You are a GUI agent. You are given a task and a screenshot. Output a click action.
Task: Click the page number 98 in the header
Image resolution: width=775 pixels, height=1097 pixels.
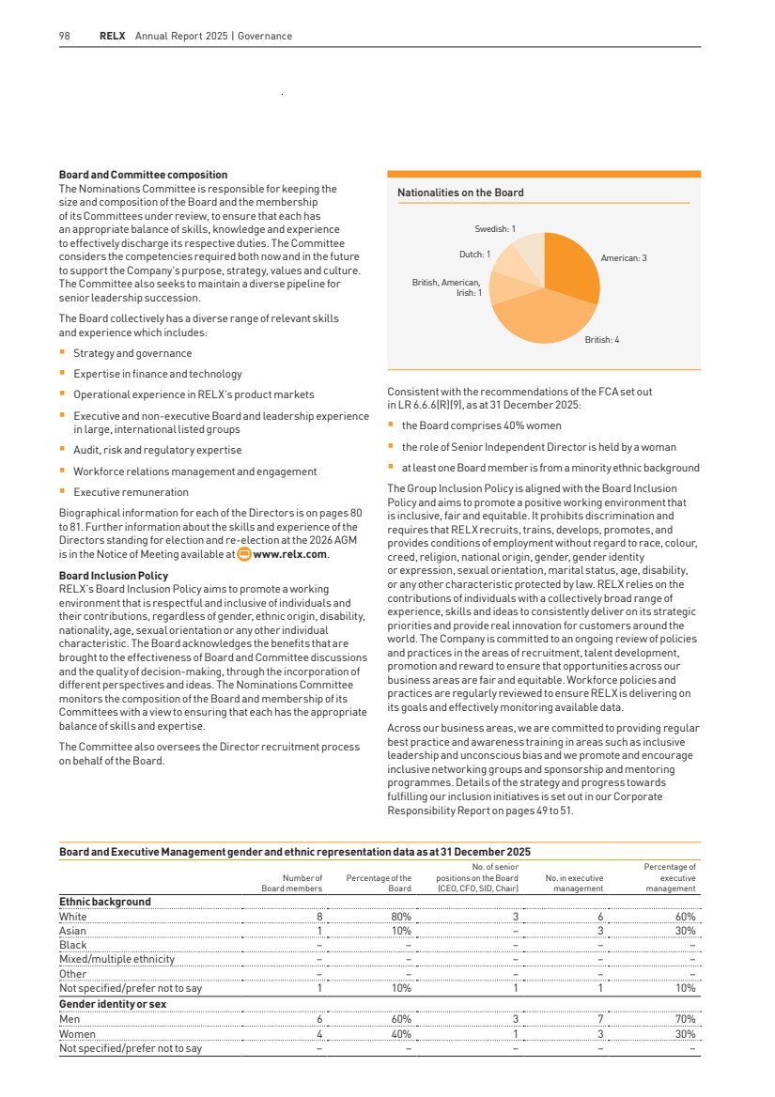tap(64, 37)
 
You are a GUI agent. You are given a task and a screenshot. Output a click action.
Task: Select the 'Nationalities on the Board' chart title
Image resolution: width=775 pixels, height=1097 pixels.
tap(460, 193)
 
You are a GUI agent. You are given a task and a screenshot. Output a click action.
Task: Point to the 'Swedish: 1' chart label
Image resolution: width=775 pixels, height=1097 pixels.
tap(495, 229)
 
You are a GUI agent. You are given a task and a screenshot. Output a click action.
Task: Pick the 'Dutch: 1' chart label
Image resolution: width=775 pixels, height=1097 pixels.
tap(474, 254)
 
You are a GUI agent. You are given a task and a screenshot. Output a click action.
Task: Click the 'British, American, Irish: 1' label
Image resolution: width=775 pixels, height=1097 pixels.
tap(447, 287)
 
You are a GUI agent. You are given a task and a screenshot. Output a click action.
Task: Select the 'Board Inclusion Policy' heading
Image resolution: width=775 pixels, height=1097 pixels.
tap(114, 576)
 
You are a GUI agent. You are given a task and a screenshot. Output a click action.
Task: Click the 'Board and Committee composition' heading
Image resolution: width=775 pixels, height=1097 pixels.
tap(143, 175)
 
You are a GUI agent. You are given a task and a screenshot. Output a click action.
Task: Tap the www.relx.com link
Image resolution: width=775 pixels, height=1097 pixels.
tap(291, 554)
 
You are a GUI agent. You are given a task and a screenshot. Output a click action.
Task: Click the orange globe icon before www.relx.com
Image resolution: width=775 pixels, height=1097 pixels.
tap(244, 554)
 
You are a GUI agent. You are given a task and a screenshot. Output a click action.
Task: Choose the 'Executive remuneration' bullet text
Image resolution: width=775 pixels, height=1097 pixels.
tap(131, 492)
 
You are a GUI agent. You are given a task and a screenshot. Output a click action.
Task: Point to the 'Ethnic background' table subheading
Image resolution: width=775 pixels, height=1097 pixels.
tap(104, 902)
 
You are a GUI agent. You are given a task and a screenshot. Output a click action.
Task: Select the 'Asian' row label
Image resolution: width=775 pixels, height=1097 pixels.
tap(72, 931)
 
